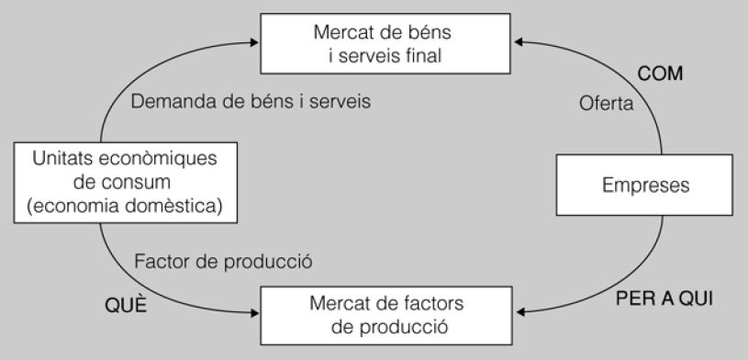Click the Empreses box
click(x=645, y=186)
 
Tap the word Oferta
click(x=606, y=104)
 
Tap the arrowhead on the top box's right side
click(x=519, y=40)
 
